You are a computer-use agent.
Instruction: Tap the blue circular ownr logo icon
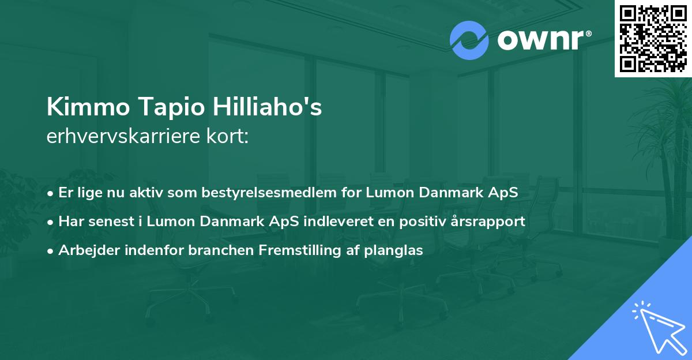click(x=469, y=40)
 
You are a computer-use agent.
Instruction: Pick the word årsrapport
click(x=490, y=222)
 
